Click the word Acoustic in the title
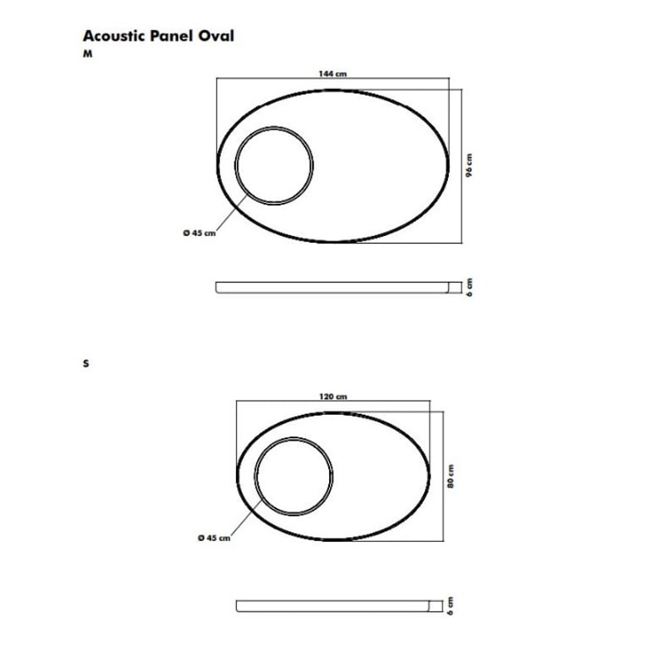(x=115, y=36)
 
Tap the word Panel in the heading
(x=172, y=36)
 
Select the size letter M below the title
(x=87, y=54)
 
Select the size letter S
(x=86, y=363)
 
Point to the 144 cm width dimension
(x=333, y=74)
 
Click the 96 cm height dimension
(x=469, y=165)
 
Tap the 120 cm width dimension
(x=333, y=397)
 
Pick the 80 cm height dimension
(x=451, y=476)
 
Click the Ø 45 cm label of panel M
(x=199, y=233)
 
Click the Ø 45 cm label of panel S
(x=214, y=538)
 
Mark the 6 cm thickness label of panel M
(x=469, y=288)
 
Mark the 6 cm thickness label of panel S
(x=451, y=606)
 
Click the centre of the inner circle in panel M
(x=274, y=165)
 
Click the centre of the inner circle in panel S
(x=293, y=476)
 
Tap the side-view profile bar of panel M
(x=332, y=288)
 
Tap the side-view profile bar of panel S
(x=333, y=606)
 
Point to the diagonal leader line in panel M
(x=232, y=213)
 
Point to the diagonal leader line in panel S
(x=246, y=517)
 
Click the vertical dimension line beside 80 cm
(x=444, y=476)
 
